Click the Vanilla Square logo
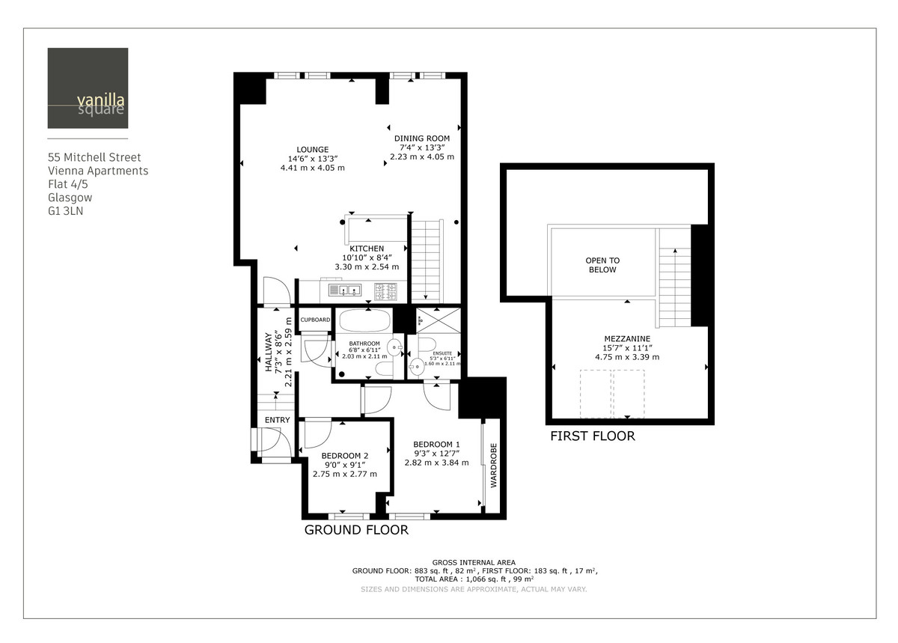[x=88, y=88]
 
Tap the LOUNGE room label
[x=311, y=150]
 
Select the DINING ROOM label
[x=421, y=138]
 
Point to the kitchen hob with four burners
[x=387, y=288]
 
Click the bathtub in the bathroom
[x=364, y=323]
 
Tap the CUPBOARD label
[x=315, y=320]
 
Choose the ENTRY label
[x=277, y=420]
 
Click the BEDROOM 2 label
[x=344, y=455]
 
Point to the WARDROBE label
[x=494, y=466]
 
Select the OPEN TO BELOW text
[x=602, y=265]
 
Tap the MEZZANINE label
[x=627, y=338]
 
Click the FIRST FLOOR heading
[x=592, y=436]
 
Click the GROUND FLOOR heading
[x=356, y=530]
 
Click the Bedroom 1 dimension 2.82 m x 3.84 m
[x=436, y=463]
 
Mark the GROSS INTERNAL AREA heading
[x=473, y=562]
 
